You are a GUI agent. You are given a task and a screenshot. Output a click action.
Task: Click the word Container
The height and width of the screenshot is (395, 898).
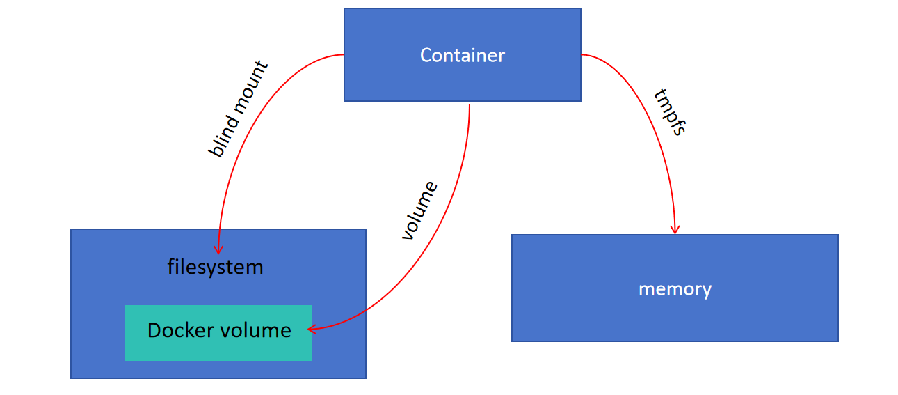pos(463,56)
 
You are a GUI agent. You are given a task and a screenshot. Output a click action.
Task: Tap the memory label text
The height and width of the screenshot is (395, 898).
pos(675,289)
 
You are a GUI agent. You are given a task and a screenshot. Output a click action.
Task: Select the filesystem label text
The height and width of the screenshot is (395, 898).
pos(215,267)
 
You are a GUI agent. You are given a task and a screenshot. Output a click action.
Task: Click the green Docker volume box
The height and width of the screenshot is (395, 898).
pos(218,333)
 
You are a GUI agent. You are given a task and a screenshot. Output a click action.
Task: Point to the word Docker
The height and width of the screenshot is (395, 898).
pos(180,330)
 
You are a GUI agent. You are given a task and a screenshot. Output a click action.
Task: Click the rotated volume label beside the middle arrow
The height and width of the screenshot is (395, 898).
pos(419,210)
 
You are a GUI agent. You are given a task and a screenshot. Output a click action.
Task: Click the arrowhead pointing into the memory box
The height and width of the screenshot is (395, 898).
pos(675,230)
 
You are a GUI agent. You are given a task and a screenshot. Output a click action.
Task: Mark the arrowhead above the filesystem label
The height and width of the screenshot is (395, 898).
pos(218,249)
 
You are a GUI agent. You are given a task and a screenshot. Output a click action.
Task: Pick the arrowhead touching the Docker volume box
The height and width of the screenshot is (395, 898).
pos(312,329)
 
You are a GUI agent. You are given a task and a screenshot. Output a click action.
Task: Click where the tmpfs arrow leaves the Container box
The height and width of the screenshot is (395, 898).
pos(582,54)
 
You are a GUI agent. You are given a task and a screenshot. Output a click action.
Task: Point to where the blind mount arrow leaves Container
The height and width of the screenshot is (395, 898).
pos(344,54)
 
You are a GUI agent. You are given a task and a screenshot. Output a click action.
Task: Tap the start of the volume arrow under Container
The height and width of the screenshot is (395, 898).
pos(470,105)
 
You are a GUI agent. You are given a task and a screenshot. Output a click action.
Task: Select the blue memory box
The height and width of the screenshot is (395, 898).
pos(675,288)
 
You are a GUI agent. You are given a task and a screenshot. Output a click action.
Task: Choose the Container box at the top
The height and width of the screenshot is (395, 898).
pos(463,54)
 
